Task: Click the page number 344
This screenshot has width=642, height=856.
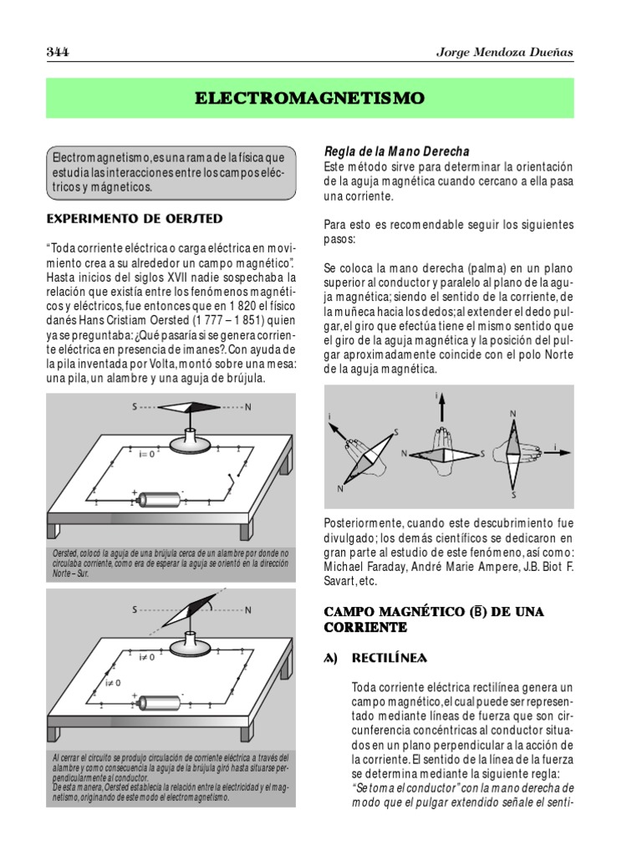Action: point(57,53)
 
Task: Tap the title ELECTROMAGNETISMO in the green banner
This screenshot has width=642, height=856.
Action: point(310,99)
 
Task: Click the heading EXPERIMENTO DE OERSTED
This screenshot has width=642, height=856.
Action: point(135,218)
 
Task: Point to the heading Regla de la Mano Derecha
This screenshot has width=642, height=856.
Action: point(396,151)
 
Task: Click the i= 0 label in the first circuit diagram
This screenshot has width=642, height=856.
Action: point(148,454)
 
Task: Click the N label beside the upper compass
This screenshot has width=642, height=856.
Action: point(247,408)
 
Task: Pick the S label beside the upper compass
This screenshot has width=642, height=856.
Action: point(135,408)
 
